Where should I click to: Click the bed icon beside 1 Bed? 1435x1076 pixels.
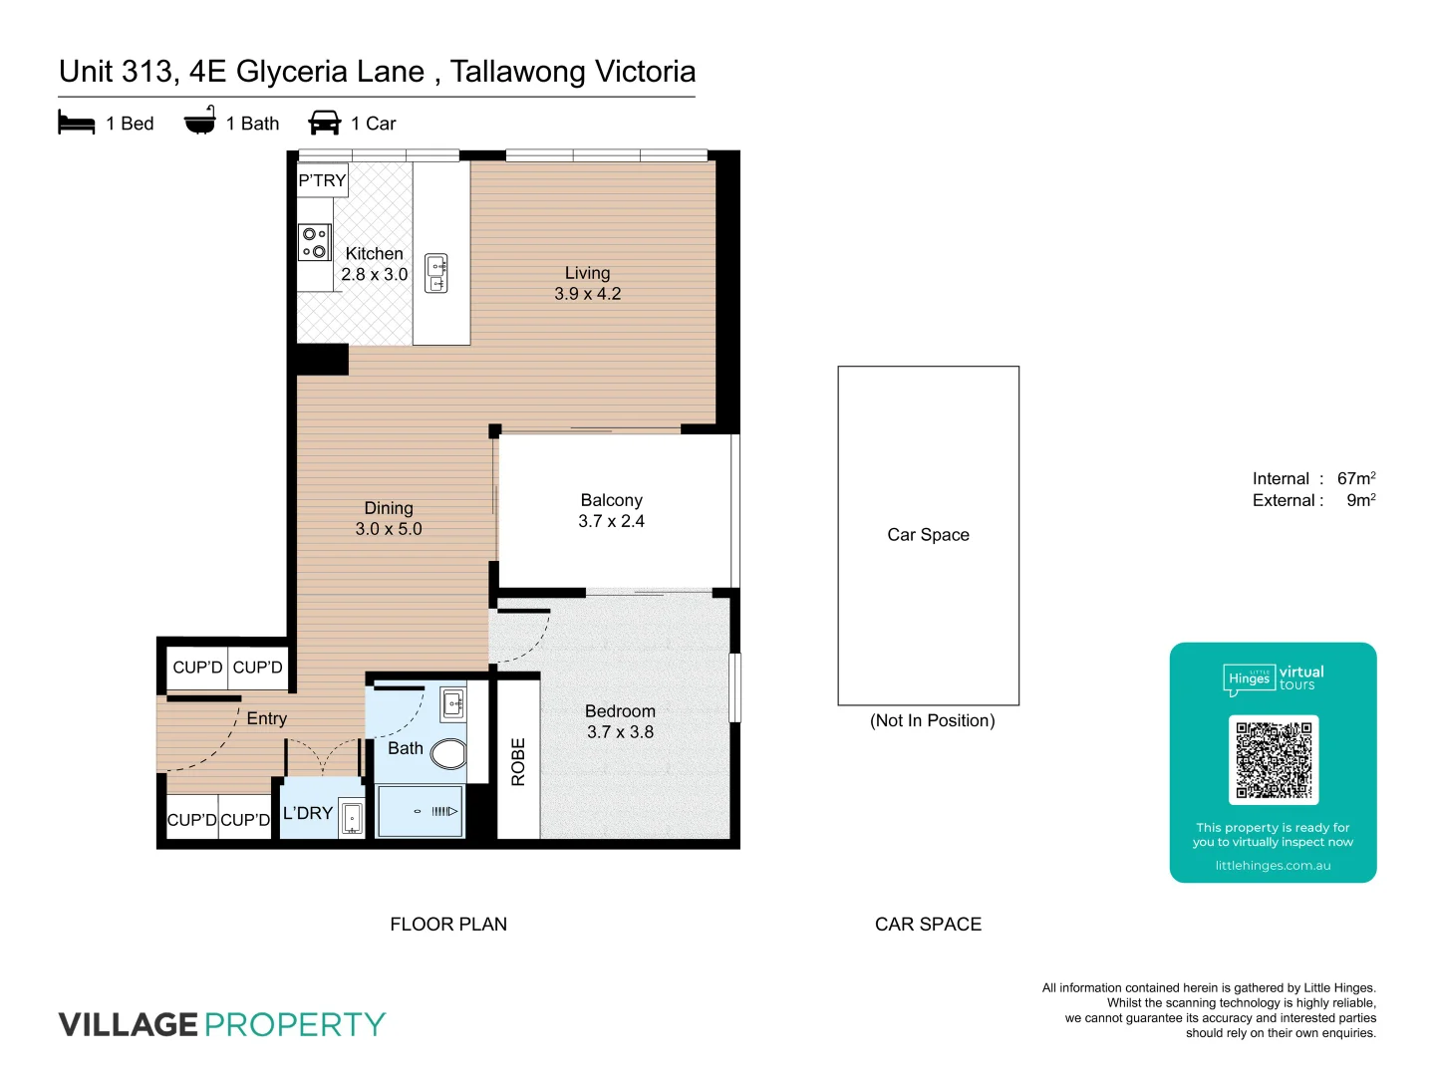[77, 123]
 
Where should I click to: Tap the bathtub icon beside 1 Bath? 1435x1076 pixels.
[199, 121]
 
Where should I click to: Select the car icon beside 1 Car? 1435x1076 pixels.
[325, 123]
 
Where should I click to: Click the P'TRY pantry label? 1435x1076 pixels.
[322, 180]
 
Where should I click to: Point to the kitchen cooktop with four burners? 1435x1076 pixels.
[314, 242]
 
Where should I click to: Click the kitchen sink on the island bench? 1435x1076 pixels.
[436, 274]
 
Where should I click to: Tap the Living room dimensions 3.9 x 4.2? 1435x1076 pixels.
[587, 294]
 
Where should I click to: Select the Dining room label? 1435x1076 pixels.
[388, 508]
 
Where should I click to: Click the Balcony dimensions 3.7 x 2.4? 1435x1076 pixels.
[611, 521]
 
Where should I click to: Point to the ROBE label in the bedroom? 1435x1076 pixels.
[518, 762]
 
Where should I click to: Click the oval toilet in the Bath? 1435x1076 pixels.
[449, 753]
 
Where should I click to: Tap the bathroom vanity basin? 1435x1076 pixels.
[452, 703]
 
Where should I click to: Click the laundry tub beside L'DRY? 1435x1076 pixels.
[352, 818]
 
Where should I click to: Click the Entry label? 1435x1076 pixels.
[266, 718]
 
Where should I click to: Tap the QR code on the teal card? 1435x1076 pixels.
[1274, 760]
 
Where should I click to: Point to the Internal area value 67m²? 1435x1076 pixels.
[1355, 478]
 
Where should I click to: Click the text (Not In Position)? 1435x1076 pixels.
[932, 720]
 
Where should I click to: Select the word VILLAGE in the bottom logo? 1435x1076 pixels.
[128, 1024]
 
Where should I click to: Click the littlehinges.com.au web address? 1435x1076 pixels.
[1273, 866]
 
